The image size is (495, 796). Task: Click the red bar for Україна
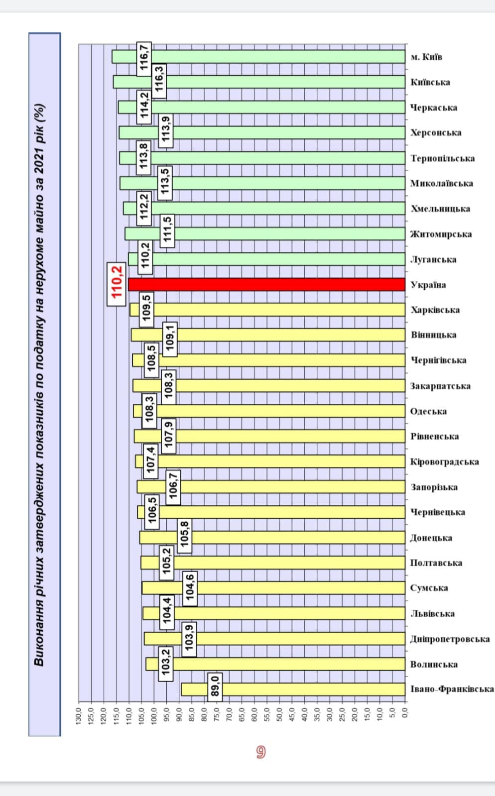[x=266, y=284]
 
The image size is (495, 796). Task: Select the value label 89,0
[x=215, y=687]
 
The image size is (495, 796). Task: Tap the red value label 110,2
[x=117, y=282]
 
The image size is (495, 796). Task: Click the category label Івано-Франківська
[x=452, y=689]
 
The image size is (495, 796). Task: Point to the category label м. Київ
[x=426, y=57]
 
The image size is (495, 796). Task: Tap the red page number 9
[x=260, y=752]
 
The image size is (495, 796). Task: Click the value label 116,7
[x=144, y=59]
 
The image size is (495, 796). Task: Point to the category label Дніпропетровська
[x=450, y=639]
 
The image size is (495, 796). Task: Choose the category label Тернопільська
[x=442, y=158]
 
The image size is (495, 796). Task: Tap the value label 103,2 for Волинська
[x=166, y=664]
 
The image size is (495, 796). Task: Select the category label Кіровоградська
[x=444, y=461]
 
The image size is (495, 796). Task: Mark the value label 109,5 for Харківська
[x=146, y=310]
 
